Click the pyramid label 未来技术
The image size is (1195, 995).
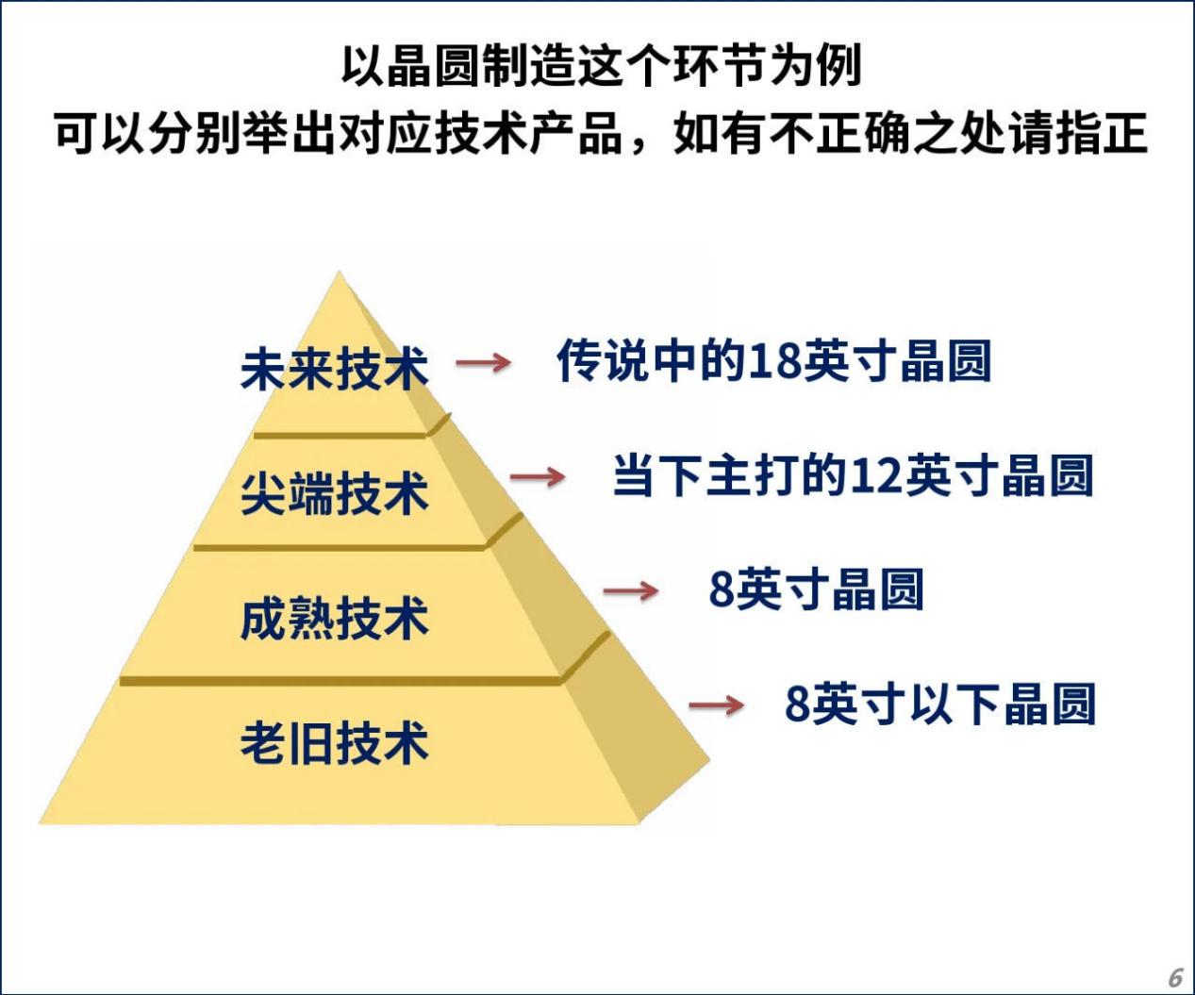pos(334,370)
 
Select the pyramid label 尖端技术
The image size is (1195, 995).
pos(334,493)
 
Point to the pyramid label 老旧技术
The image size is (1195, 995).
pos(334,742)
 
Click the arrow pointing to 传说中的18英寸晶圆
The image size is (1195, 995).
pos(483,362)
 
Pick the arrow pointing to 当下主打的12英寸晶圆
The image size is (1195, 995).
pos(538,477)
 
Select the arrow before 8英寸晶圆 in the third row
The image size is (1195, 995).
pos(631,590)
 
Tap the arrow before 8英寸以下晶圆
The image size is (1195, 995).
pos(716,705)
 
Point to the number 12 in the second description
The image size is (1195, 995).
pos(876,476)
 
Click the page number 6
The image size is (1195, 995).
pos(1175,977)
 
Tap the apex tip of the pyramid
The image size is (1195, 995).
pos(339,272)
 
